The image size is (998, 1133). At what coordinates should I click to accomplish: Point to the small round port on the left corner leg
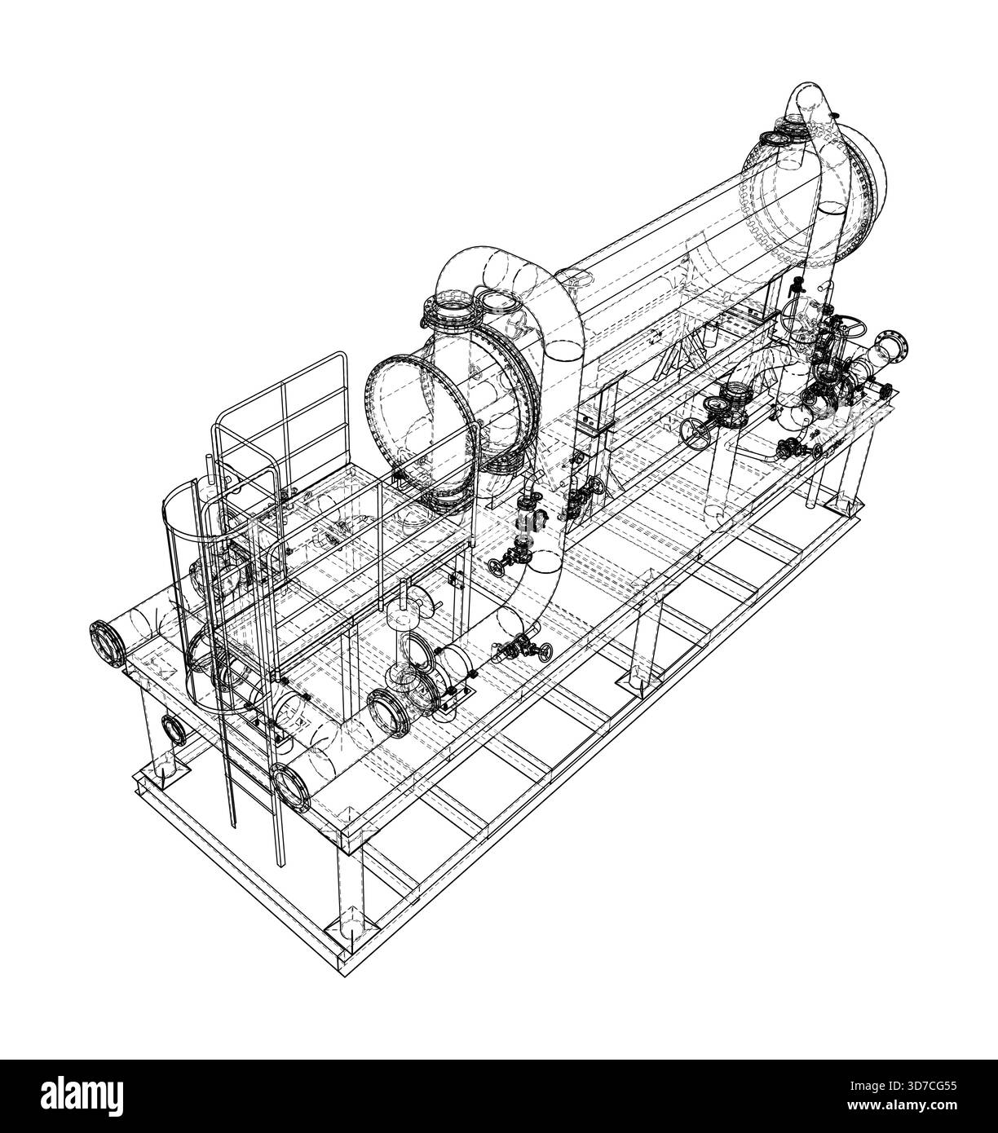point(173,727)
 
